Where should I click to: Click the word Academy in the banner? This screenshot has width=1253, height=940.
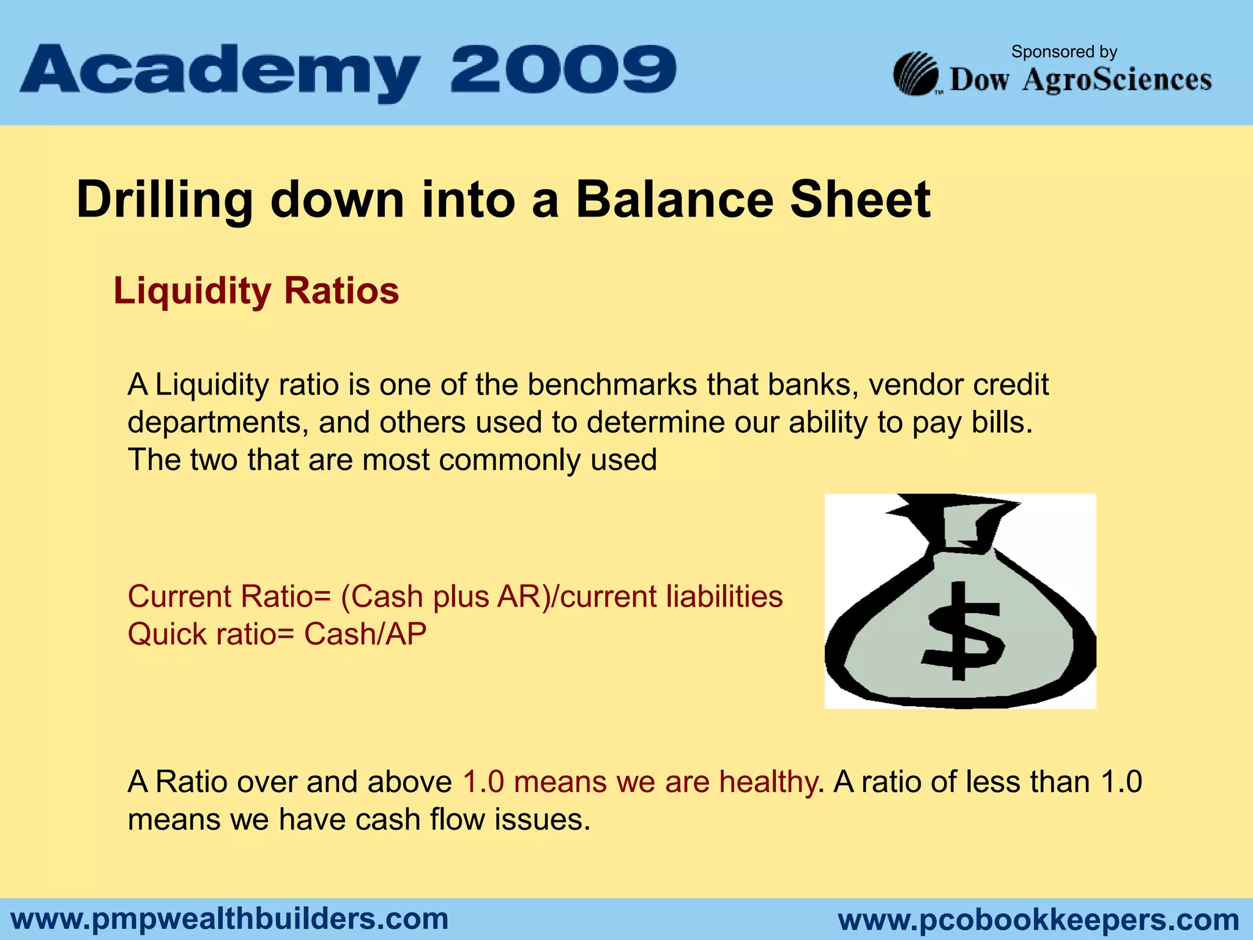point(220,72)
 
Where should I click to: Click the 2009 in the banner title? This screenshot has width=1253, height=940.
point(563,70)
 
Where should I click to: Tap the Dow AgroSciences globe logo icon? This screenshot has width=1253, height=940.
point(916,75)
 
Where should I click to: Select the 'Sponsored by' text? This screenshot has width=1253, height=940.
point(1064,52)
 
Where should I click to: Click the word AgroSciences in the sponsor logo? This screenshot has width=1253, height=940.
point(1117,81)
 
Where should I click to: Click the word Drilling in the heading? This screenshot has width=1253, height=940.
point(165,201)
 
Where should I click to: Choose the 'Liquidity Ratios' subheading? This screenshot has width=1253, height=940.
point(256,291)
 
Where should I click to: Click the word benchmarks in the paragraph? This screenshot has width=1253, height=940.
point(612,385)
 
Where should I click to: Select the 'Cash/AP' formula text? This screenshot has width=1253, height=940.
point(365,634)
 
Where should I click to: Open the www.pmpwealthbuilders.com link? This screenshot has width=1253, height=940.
point(229,919)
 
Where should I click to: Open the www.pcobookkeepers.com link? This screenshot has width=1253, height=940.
point(1038,920)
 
